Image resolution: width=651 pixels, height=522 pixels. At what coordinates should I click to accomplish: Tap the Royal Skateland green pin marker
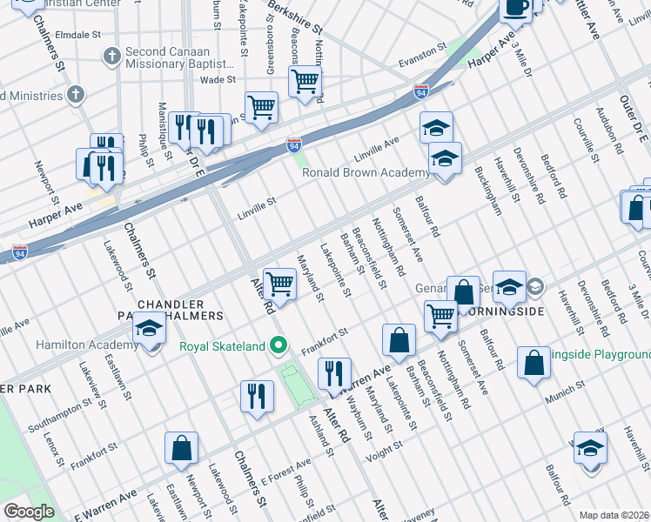pos(278,346)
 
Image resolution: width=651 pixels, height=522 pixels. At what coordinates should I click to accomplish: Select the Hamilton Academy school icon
pos(149,331)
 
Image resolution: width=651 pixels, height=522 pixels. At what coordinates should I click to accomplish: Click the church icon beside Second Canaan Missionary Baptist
pos(111,57)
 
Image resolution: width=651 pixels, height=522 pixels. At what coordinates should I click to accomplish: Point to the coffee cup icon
pos(515,8)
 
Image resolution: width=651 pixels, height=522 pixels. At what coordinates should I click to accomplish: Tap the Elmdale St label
pos(79,37)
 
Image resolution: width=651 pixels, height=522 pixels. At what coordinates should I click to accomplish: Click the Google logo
pos(29,512)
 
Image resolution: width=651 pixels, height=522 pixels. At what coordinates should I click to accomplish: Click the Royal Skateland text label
pos(222,346)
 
